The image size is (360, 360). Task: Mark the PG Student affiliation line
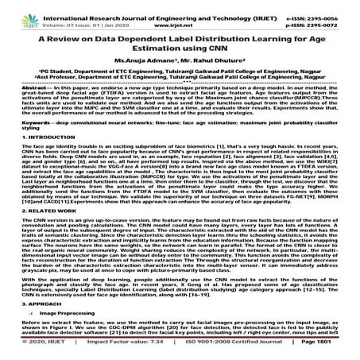tap(179, 81)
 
